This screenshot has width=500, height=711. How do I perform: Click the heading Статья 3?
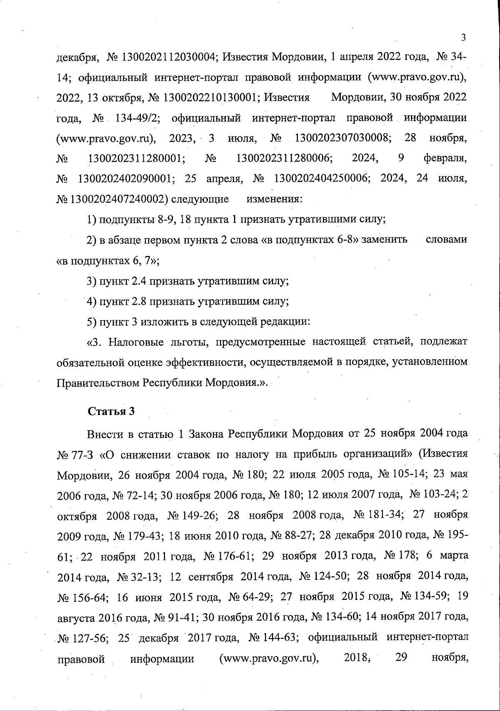(x=111, y=411)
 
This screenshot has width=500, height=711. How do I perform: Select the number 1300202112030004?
(x=168, y=57)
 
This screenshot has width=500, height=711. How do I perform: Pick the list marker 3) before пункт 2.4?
(x=91, y=281)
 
